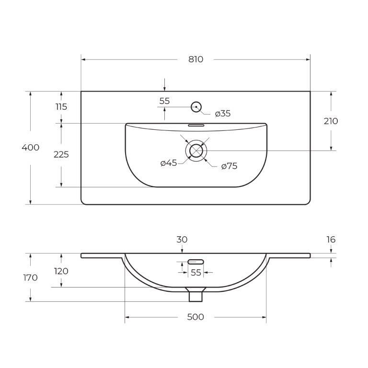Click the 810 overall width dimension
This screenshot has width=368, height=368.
click(195, 59)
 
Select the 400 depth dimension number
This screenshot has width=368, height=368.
click(31, 148)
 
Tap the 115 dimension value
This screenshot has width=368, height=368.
click(61, 107)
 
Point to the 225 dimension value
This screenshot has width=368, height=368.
click(61, 155)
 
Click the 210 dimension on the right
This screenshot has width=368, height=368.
click(331, 121)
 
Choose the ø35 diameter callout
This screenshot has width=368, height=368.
click(223, 114)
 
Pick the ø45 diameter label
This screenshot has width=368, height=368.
click(169, 163)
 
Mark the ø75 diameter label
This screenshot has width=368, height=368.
click(230, 166)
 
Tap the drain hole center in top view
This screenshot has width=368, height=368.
click(196, 150)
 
